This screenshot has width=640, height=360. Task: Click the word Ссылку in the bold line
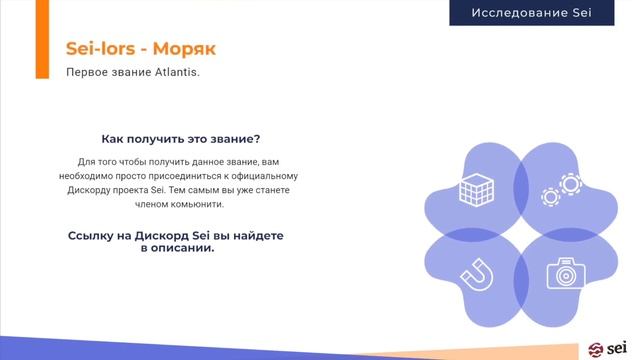pos(91,233)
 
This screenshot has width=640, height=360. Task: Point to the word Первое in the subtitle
pos(86,72)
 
